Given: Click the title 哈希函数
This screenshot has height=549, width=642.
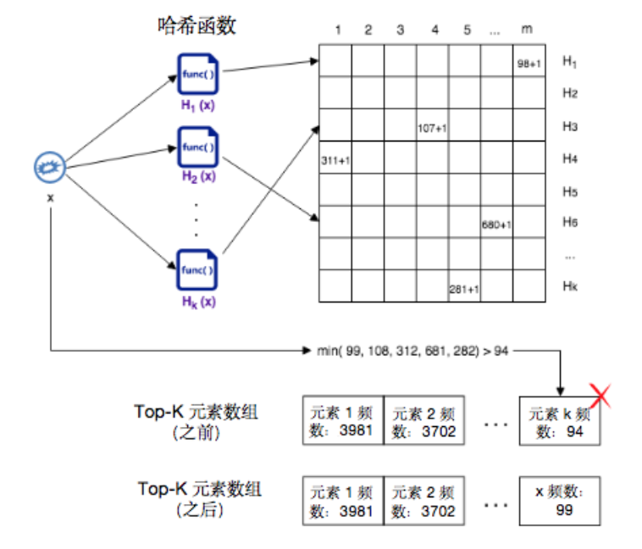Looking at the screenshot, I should tap(196, 26).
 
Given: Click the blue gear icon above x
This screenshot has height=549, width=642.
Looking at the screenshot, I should tap(51, 168).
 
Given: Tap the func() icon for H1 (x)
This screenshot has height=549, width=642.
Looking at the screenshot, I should tap(197, 75).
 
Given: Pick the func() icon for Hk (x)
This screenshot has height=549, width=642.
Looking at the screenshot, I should tap(197, 271).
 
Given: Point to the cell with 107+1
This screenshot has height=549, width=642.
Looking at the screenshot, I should tap(432, 127).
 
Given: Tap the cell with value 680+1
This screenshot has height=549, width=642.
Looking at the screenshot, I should tap(496, 225).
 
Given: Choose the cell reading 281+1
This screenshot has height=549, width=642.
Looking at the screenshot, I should tap(464, 288).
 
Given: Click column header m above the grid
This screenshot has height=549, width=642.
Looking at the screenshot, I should tap(528, 30).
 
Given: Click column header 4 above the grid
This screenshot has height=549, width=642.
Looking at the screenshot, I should tap(434, 30).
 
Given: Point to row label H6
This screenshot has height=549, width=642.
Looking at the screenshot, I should tap(570, 222).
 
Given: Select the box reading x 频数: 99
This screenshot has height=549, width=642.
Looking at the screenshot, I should tap(562, 501).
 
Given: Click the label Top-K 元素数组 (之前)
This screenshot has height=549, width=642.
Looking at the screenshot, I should tap(196, 421).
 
